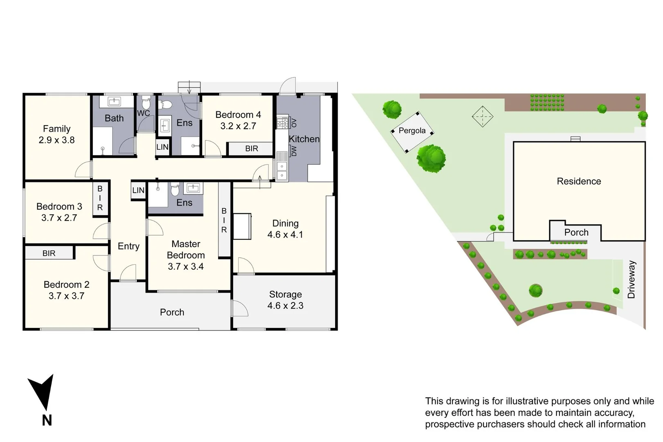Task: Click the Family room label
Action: [x=56, y=129]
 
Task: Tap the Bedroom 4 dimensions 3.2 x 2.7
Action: [x=238, y=126]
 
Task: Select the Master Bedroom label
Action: [x=186, y=250]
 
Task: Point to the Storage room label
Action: [x=285, y=294]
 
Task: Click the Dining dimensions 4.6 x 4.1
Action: [x=285, y=235]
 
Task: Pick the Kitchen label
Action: [x=304, y=139]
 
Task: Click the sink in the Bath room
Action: [x=113, y=101]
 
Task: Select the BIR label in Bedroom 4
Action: [x=252, y=149]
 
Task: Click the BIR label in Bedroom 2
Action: [x=49, y=253]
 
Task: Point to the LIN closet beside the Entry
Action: [x=138, y=190]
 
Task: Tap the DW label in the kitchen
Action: [x=294, y=151]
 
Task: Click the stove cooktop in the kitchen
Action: [x=282, y=122]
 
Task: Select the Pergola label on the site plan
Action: [x=412, y=131]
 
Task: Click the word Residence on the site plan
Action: [x=579, y=181]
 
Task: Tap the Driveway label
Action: [x=631, y=280]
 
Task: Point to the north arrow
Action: [x=42, y=391]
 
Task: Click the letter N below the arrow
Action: [x=47, y=420]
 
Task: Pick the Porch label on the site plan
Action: [x=576, y=232]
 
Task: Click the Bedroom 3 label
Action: [x=59, y=206]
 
